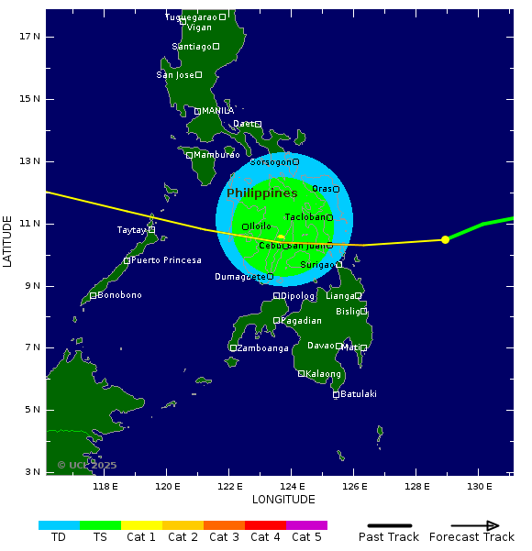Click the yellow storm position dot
click(x=445, y=239)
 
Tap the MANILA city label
click(x=217, y=111)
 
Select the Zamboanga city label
click(x=263, y=348)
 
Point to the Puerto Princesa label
click(x=166, y=260)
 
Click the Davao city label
click(x=320, y=346)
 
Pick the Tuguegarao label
click(x=191, y=17)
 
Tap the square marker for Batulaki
click(x=336, y=394)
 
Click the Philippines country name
click(x=262, y=193)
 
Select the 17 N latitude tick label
click(x=30, y=36)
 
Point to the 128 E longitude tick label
click(x=416, y=486)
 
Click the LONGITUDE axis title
click(x=283, y=500)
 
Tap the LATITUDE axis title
click(x=8, y=241)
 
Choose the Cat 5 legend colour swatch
click(x=306, y=525)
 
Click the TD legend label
click(x=59, y=537)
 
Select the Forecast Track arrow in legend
click(x=476, y=525)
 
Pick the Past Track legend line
click(x=388, y=525)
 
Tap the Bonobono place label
click(x=119, y=295)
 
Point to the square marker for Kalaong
click(x=301, y=373)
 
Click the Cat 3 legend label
click(x=224, y=537)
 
